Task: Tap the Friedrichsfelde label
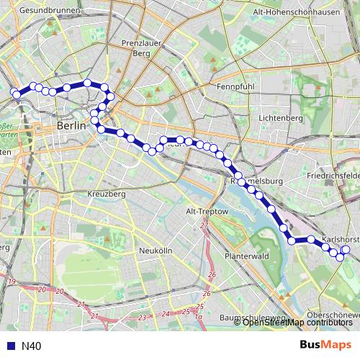click(x=332, y=175)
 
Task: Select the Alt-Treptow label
click(x=207, y=212)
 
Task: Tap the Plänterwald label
click(x=246, y=256)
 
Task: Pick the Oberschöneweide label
click(x=333, y=314)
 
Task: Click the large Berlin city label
click(x=71, y=125)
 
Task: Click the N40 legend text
click(x=31, y=346)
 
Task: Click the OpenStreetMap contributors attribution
click(x=297, y=323)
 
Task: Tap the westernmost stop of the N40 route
click(x=15, y=93)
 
